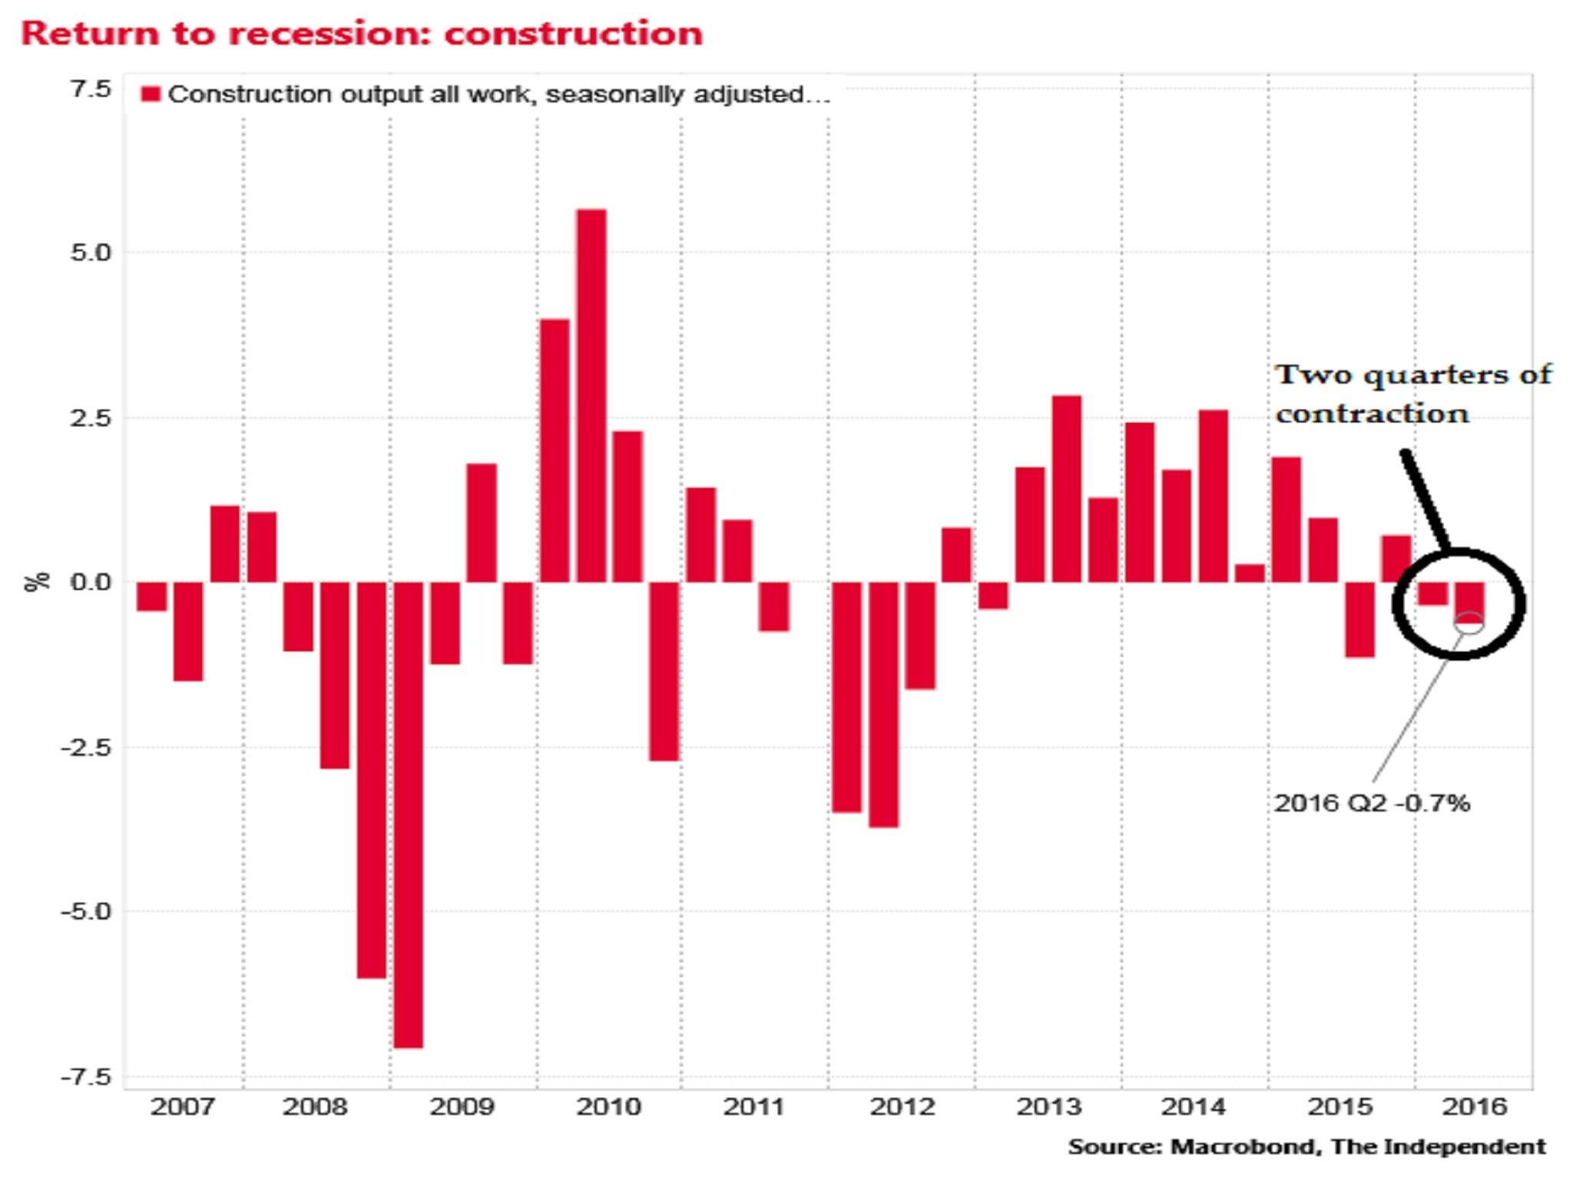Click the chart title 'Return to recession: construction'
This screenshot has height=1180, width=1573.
(x=361, y=34)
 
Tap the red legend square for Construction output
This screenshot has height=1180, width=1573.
(x=151, y=94)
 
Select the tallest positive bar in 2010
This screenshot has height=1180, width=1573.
(x=591, y=395)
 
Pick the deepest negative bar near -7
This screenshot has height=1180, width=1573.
(x=408, y=814)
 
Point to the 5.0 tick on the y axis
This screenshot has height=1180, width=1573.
(x=91, y=253)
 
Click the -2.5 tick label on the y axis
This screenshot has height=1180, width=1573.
(x=86, y=747)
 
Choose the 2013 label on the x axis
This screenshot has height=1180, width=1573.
(x=1048, y=1107)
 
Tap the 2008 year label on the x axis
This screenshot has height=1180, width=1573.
(x=314, y=1107)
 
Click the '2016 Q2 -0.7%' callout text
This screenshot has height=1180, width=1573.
(x=1372, y=804)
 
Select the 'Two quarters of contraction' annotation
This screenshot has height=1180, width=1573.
(x=1412, y=394)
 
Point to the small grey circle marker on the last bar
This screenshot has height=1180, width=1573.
(x=1469, y=623)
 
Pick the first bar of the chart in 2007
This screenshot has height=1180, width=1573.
(x=151, y=596)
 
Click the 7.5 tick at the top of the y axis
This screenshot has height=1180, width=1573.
(x=91, y=89)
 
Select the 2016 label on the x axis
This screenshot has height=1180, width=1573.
(x=1474, y=1107)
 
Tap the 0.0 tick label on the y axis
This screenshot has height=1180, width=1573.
(x=91, y=582)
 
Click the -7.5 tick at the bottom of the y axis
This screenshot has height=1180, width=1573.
(x=86, y=1077)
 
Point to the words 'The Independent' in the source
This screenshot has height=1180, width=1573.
(x=1438, y=1147)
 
